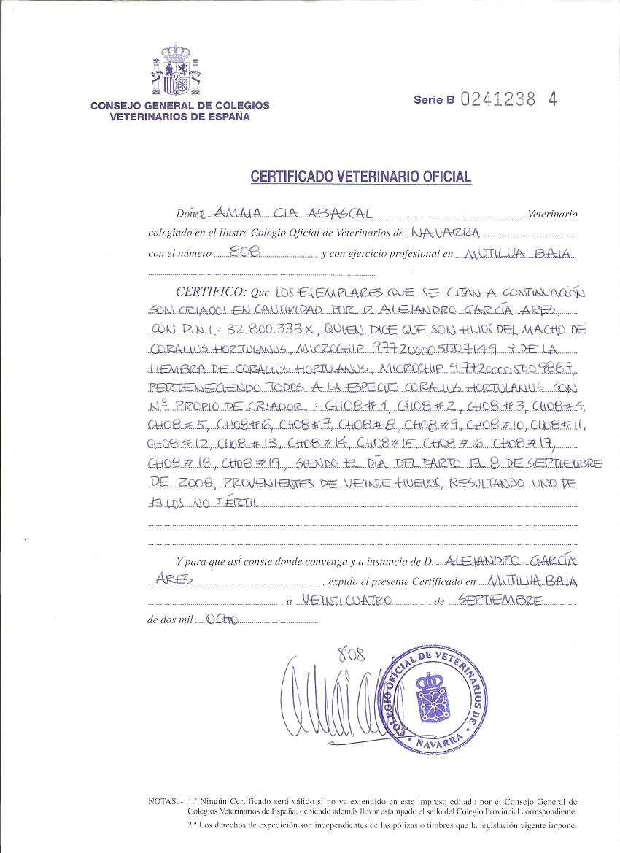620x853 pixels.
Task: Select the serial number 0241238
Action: coord(498,100)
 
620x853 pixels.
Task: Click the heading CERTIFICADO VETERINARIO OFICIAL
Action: coord(361,177)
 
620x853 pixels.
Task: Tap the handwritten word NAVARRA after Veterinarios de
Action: coord(446,233)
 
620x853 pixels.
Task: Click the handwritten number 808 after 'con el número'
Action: coord(240,252)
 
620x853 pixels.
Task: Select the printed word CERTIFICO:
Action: coord(206,291)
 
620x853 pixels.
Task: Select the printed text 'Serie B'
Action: coord(433,101)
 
